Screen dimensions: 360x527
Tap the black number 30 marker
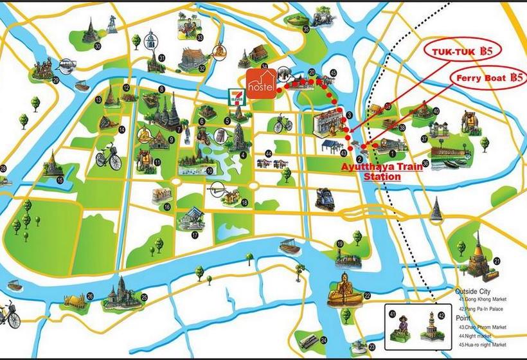pos(98,46)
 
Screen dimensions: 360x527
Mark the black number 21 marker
pos(497,260)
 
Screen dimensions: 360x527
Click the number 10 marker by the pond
pos(210,171)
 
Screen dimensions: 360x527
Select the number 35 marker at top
pos(306,29)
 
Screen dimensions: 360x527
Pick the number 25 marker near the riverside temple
pos(145,297)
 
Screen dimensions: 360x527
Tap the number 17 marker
pos(195,235)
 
